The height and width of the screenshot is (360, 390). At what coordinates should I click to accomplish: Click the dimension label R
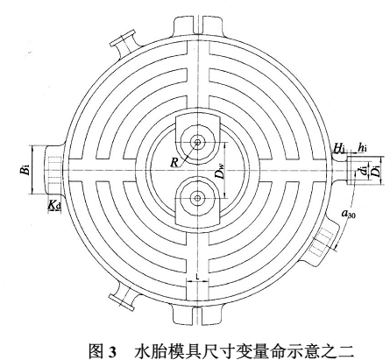pos(174,162)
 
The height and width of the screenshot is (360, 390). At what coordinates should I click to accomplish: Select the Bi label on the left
pos(25,170)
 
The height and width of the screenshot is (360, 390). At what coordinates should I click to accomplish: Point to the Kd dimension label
pos(54,206)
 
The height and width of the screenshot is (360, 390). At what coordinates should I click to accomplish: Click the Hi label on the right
pos(339,149)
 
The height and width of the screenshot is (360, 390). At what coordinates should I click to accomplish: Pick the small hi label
pos(362,148)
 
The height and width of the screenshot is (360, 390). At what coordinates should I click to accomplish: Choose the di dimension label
pos(364,170)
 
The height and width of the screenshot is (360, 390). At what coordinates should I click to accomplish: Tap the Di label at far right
pos(377,171)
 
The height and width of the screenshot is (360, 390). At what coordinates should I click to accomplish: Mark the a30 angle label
pos(348,214)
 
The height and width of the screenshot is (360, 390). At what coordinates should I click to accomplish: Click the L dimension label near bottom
pos(198,276)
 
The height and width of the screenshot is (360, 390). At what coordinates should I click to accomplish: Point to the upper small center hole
pos(198,142)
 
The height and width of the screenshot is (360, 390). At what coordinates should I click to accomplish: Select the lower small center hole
pos(198,198)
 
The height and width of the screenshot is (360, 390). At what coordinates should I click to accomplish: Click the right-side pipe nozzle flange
pos(351,171)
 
